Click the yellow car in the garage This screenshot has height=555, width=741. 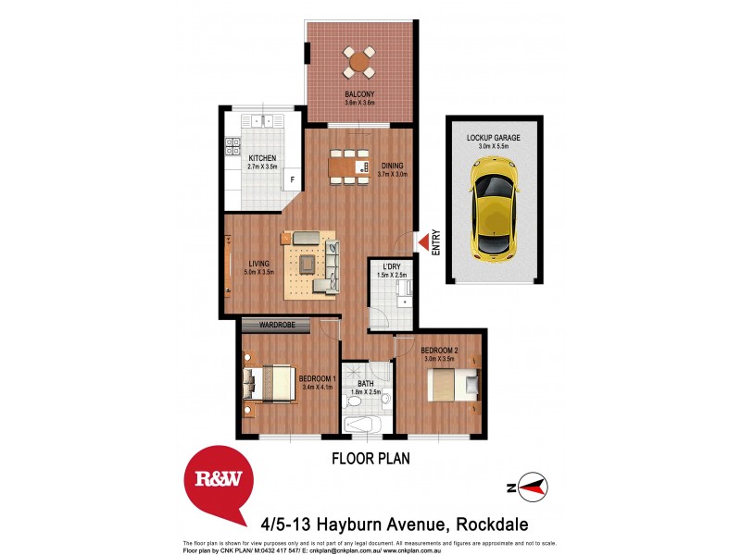click(493, 207)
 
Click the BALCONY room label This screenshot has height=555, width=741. click(359, 93)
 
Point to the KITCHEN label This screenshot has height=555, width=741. click(262, 158)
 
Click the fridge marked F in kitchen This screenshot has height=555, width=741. click(292, 179)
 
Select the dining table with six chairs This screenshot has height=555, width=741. click(350, 167)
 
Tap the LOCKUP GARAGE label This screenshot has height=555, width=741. click(493, 137)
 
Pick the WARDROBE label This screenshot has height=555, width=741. click(277, 326)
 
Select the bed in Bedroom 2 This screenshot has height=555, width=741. click(453, 384)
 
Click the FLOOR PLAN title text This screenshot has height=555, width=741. click(370, 458)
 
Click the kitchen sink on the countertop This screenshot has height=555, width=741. click(265, 120)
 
